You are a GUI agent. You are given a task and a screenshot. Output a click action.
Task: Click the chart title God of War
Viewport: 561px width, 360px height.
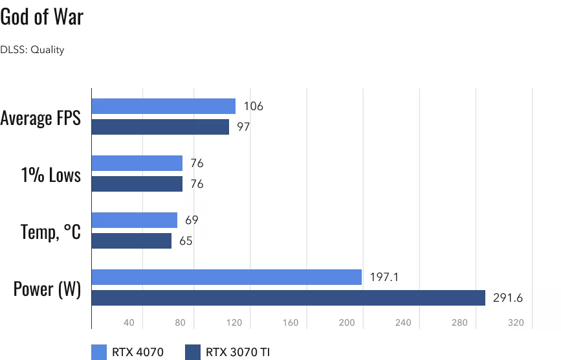coord(42,17)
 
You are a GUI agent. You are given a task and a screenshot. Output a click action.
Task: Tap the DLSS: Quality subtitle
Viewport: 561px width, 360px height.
coord(32,49)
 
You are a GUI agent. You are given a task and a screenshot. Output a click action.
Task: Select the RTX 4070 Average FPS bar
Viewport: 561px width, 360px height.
coord(164,106)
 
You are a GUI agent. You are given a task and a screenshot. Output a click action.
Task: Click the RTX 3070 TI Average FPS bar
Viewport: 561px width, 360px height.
coord(160,127)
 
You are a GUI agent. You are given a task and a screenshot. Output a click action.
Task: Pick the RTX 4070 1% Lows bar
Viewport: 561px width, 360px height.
coord(137,163)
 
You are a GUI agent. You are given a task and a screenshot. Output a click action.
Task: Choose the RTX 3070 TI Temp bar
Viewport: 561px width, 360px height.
coord(132,241)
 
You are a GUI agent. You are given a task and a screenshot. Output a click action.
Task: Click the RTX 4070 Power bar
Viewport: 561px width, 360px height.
coord(226,277)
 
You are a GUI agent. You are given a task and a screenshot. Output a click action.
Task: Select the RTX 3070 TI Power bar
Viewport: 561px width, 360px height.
coord(289,298)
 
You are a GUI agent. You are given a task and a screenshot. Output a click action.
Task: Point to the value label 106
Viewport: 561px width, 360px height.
coord(253,106)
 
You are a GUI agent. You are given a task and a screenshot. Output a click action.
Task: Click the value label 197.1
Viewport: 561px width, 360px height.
coord(384,277)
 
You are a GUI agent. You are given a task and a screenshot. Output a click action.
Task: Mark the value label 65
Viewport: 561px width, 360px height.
coord(186,241)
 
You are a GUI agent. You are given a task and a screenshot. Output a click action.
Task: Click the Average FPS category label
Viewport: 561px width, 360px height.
coord(41,118)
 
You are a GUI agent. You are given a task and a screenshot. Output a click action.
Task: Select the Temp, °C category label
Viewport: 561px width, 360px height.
coord(50,231)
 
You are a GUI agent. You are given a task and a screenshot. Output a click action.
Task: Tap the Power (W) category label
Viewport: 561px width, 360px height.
coord(47,288)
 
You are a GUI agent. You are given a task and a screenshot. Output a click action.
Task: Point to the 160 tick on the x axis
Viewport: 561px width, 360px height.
coord(291,322)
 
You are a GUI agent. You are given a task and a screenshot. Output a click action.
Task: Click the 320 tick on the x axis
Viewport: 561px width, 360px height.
coord(516,322)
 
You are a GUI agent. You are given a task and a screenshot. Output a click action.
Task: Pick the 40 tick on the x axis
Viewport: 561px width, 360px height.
coord(129,322)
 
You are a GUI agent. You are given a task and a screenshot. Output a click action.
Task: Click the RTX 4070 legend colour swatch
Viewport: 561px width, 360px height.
coord(99,352)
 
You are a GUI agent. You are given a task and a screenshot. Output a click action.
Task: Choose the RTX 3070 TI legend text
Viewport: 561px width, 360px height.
coord(238,352)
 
